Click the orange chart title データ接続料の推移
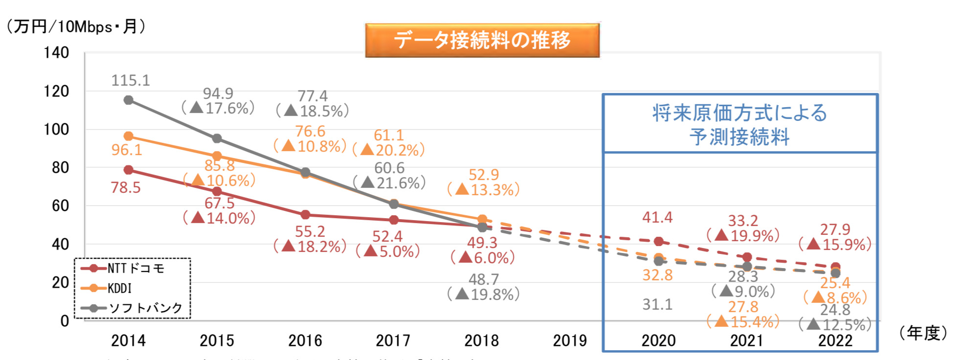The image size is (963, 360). click(x=482, y=40)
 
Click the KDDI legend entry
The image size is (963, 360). click(x=119, y=288)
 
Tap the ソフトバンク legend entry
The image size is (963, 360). click(x=145, y=308)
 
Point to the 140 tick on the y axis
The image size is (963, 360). click(x=57, y=52)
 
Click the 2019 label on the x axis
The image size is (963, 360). click(x=570, y=340)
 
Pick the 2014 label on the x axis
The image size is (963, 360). click(x=128, y=340)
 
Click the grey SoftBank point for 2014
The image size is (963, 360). click(x=128, y=100)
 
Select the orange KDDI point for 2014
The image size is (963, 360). click(x=128, y=136)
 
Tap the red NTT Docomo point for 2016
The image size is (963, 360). click(x=305, y=215)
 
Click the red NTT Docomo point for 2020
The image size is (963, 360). click(x=659, y=242)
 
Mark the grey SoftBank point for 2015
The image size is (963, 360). click(x=217, y=138)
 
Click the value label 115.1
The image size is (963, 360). click(x=131, y=80)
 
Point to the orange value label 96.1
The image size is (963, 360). click(x=126, y=150)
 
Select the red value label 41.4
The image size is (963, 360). click(x=657, y=217)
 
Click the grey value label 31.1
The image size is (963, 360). click(x=657, y=304)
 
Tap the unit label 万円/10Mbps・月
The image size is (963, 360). click(x=76, y=26)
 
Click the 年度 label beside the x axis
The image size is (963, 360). click(x=923, y=333)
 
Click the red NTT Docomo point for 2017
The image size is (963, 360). click(x=393, y=220)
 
